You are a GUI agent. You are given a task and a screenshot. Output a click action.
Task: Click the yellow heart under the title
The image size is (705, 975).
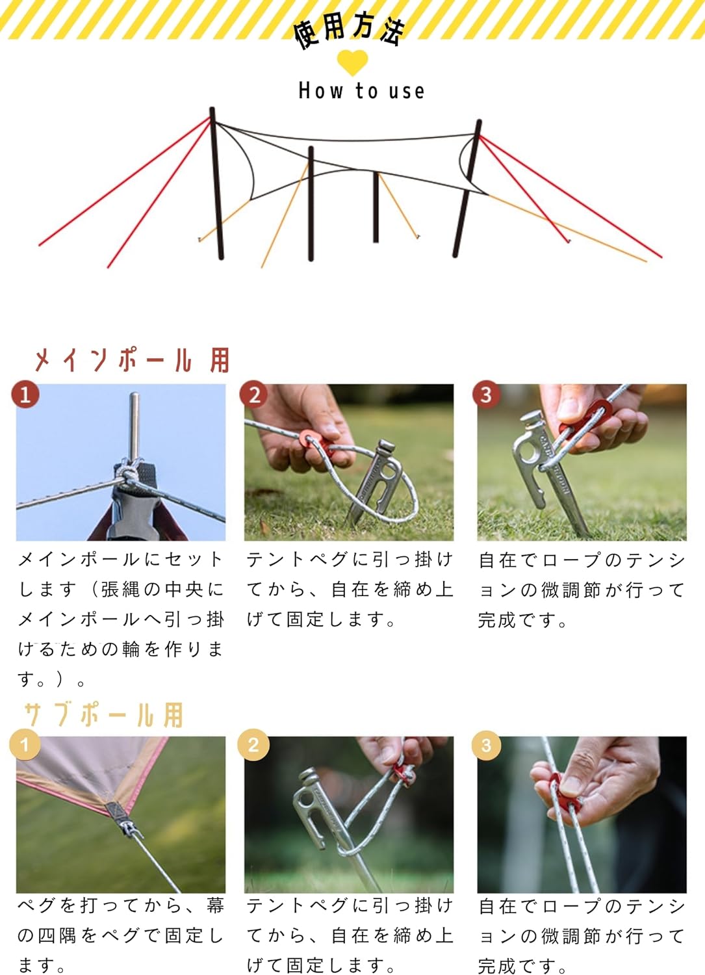[352, 62]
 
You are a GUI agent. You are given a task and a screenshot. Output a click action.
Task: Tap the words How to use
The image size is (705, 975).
[361, 91]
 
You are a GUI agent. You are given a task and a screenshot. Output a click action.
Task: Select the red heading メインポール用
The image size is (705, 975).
[132, 360]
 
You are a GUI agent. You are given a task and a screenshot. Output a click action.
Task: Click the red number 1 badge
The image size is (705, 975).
[25, 395]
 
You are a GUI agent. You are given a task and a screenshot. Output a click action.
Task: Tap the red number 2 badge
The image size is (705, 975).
[253, 395]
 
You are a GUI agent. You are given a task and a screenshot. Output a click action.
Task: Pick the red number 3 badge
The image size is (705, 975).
[487, 395]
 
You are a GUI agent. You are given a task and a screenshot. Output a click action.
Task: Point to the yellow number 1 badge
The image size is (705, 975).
[25, 744]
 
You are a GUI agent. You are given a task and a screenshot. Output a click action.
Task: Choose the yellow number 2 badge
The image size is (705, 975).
[253, 745]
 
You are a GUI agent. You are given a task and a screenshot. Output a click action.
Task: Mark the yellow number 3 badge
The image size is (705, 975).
[487, 745]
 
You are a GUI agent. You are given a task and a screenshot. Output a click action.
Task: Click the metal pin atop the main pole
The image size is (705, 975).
[135, 426]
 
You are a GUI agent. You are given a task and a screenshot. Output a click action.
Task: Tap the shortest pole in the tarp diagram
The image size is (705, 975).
[376, 207]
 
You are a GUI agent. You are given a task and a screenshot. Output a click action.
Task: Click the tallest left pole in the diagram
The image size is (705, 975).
[216, 183]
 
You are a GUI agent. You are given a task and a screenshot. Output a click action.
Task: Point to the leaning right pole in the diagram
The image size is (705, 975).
[467, 188]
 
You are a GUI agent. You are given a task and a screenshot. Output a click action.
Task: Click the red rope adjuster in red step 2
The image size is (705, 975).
[317, 443]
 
